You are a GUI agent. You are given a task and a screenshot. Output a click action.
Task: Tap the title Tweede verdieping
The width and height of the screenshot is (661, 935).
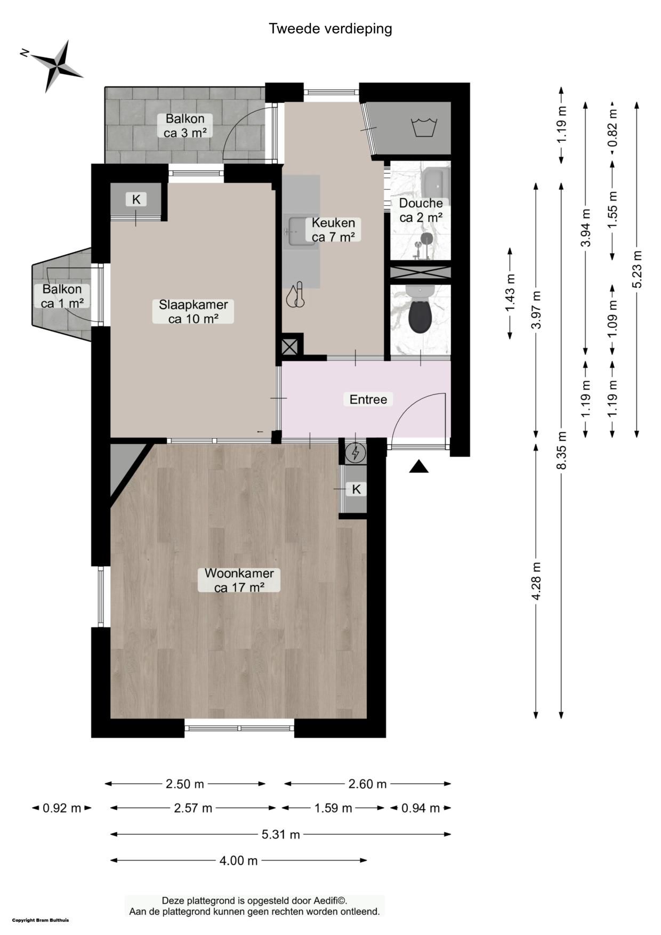click(330, 28)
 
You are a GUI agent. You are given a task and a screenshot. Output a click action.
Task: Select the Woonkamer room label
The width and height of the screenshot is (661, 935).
click(239, 580)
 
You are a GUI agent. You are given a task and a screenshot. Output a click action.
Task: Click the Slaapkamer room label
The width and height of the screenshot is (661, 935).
click(194, 311)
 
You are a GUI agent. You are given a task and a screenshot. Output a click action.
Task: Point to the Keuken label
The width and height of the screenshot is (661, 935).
click(333, 230)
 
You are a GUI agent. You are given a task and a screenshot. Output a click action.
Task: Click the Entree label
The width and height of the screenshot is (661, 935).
click(368, 399)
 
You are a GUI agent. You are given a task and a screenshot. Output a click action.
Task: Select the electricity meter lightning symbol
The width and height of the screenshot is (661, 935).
click(356, 453)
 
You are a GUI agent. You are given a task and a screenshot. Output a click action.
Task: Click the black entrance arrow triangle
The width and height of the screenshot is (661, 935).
click(419, 466)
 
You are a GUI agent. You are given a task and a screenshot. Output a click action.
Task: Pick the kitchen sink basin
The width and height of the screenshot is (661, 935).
click(300, 231)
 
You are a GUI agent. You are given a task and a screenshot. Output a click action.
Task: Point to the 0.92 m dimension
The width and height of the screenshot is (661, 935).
click(62, 808)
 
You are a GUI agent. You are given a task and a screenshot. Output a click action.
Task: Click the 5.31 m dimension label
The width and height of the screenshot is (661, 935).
click(281, 834)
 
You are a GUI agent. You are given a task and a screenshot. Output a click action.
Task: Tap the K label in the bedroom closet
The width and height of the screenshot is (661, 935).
click(136, 199)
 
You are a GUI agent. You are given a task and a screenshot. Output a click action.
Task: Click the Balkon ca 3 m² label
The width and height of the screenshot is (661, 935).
click(185, 126)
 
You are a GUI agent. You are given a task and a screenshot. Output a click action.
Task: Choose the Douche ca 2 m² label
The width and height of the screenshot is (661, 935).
click(421, 210)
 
